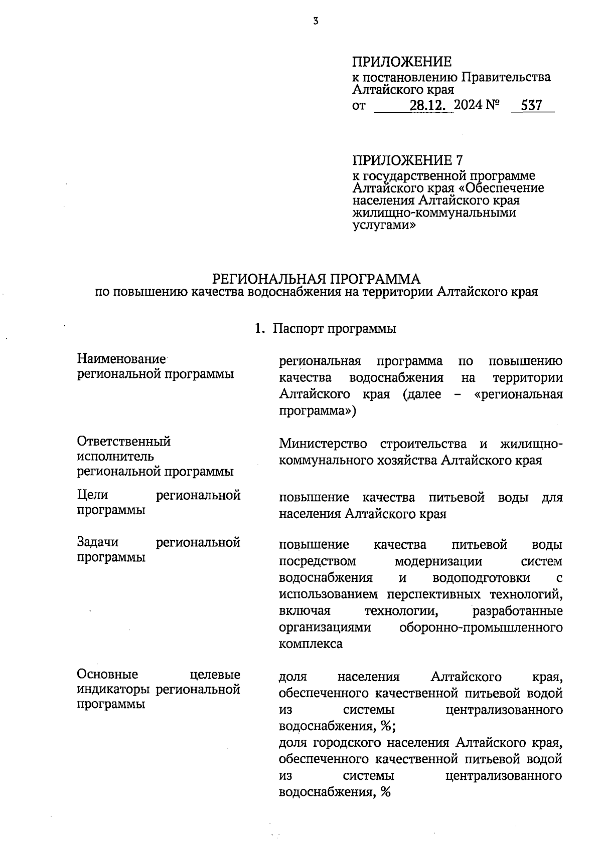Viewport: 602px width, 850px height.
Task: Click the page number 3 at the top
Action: [x=316, y=21]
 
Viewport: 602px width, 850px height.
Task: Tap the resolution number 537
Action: [x=532, y=106]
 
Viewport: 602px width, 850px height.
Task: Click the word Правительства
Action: [x=506, y=77]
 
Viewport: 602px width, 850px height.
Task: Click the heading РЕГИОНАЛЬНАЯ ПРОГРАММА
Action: [x=317, y=279]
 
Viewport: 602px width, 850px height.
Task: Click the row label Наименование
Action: [x=121, y=359]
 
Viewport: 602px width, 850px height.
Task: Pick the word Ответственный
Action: [x=124, y=442]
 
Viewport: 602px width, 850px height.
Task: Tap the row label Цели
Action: [x=93, y=495]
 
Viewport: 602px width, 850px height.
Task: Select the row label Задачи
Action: [x=98, y=542]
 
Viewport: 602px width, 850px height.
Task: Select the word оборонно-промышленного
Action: [x=481, y=627]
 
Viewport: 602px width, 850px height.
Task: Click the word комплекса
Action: [x=311, y=644]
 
